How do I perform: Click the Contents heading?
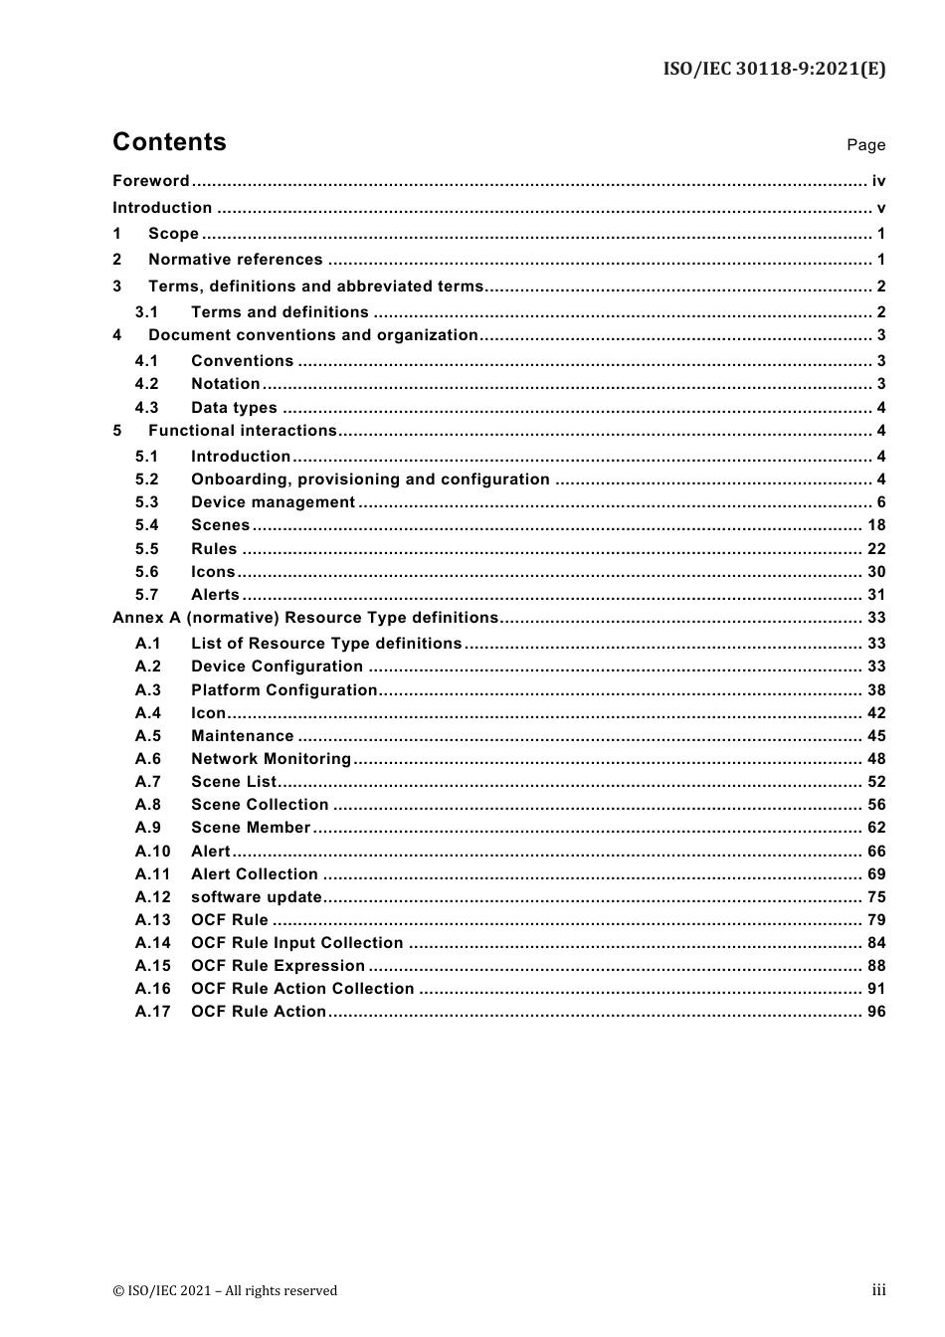pos(169,142)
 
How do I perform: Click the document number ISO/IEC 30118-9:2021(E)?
pos(774,69)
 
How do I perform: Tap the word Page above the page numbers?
pos(865,145)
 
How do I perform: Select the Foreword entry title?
pos(150,181)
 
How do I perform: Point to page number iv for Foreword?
pos(877,181)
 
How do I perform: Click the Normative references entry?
pos(235,260)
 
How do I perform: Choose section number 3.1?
pos(146,312)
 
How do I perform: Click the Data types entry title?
pos(234,408)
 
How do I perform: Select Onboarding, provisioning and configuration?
pos(370,479)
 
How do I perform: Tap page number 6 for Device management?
pos(880,502)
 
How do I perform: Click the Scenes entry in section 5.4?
pos(220,525)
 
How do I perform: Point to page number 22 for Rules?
pos(875,549)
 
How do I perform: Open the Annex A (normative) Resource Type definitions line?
pos(304,618)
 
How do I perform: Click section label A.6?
pos(147,759)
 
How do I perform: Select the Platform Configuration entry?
pos(283,690)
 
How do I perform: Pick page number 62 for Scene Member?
pos(875,828)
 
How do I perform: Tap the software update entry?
pos(257,897)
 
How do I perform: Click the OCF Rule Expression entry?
pos(278,966)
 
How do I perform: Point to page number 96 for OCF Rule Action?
pos(875,1012)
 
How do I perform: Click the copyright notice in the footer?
pos(225,1291)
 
